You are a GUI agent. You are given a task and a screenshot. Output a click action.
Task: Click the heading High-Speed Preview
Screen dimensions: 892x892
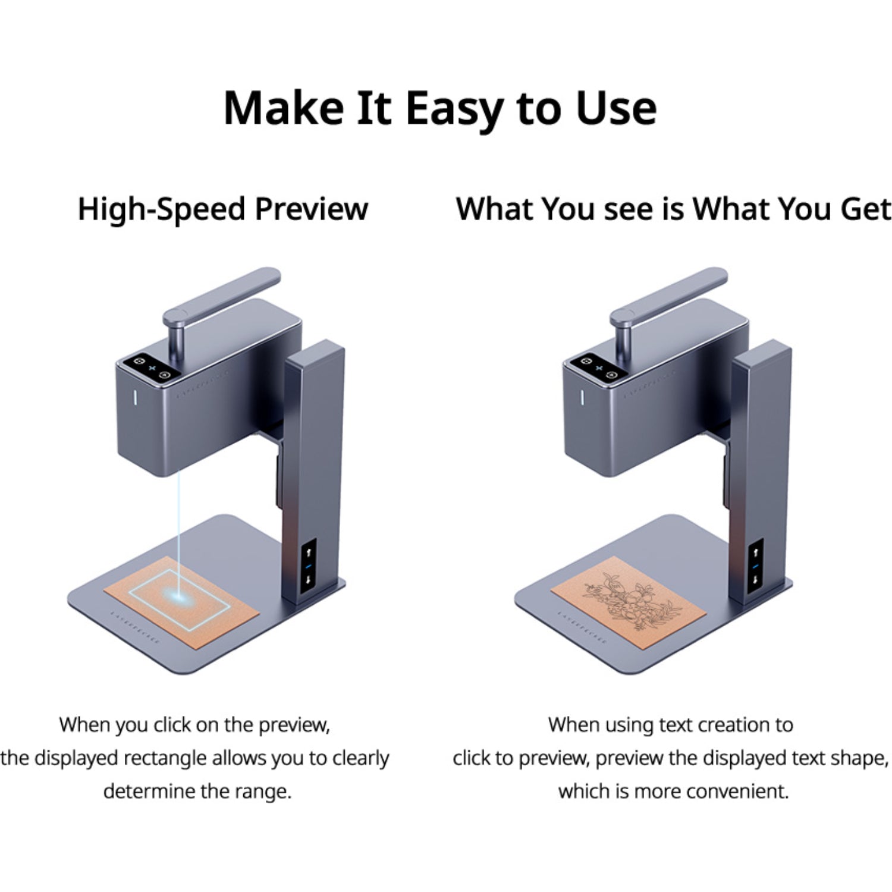tap(223, 209)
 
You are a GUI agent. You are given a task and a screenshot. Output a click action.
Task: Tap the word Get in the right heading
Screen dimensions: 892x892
tap(866, 209)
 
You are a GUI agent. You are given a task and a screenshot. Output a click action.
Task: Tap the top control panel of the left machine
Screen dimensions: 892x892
tap(152, 368)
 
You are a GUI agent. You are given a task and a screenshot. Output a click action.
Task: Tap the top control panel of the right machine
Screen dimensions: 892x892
tap(599, 368)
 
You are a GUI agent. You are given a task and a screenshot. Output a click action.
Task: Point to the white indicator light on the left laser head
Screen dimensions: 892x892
tap(135, 397)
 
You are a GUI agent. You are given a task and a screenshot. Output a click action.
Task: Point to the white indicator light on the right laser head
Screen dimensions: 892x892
tap(582, 397)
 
